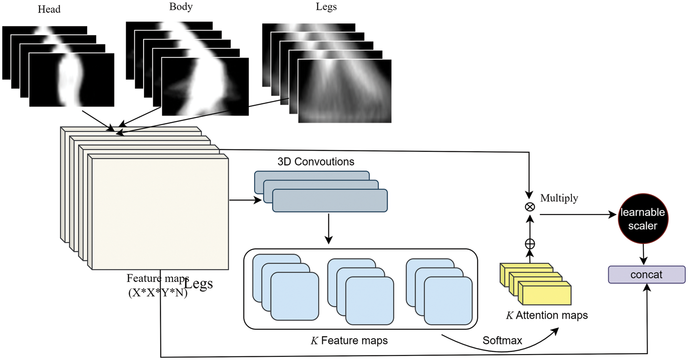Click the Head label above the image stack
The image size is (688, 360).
49,9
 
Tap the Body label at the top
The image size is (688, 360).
181,7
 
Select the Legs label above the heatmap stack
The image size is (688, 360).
326,7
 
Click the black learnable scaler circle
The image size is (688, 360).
643,218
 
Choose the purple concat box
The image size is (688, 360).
647,275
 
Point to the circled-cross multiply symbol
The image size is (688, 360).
530,207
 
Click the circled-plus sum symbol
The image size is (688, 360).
530,244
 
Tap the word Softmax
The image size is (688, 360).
502,340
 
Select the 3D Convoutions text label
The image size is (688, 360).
316,161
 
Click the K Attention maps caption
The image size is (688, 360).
547,315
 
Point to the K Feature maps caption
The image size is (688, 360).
349,340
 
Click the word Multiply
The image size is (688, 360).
559,198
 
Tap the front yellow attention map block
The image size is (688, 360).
544,293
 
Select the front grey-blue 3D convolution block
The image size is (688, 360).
330,200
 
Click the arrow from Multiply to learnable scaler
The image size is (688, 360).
578,215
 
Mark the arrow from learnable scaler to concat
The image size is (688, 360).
643,255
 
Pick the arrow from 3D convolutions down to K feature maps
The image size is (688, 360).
329,229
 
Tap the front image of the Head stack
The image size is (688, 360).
72,80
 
